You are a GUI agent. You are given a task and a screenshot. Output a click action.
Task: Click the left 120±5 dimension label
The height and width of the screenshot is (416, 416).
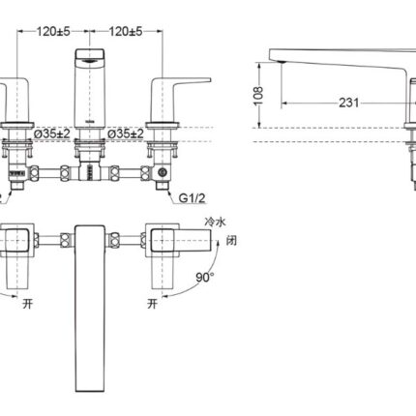click(53, 32)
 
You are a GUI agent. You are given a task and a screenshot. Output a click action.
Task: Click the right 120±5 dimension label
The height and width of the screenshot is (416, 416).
click(126, 32)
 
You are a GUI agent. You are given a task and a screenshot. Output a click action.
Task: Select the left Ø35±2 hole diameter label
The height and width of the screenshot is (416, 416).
click(52, 134)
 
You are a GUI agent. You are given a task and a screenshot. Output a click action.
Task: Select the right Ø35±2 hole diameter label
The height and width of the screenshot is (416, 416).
click(126, 134)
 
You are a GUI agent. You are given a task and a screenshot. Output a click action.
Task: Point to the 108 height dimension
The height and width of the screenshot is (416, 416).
click(258, 96)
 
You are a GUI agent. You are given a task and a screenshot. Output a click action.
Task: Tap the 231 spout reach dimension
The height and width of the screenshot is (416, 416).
click(348, 103)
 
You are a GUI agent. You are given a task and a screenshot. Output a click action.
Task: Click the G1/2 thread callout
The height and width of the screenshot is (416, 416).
click(193, 198)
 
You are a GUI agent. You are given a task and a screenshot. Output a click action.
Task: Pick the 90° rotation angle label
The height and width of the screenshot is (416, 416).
click(205, 277)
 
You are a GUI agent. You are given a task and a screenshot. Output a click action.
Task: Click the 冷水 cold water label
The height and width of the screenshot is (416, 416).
click(215, 222)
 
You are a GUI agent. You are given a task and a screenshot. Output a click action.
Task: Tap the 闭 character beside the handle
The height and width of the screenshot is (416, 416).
click(231, 240)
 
